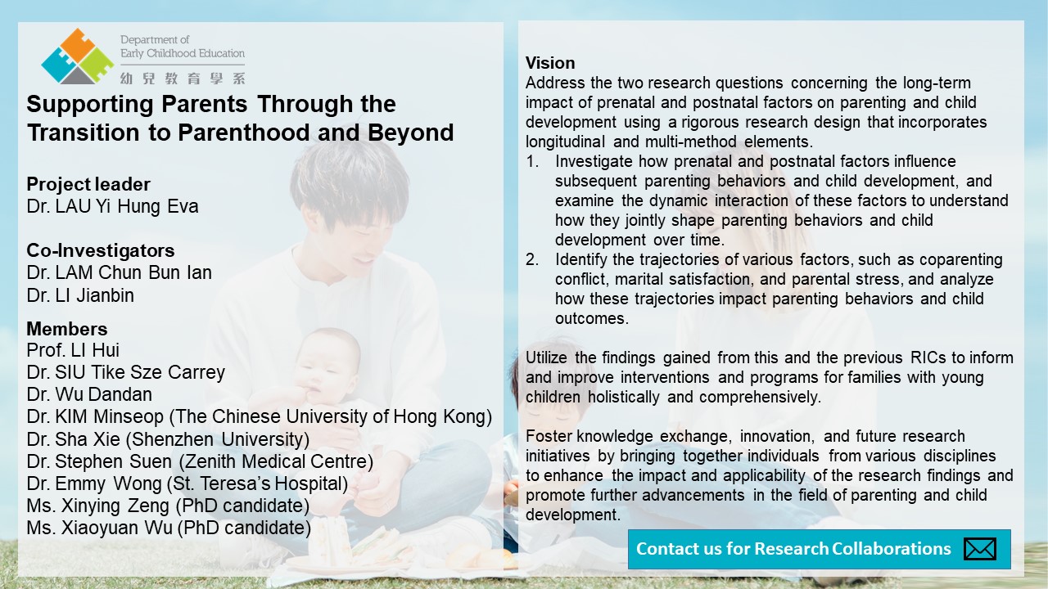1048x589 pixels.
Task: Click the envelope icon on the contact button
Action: coord(980,549)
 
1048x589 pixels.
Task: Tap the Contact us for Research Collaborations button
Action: coord(820,549)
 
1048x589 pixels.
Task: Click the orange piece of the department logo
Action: coord(77,43)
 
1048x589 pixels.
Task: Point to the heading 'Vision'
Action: coord(550,63)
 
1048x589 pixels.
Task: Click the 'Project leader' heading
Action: coord(88,185)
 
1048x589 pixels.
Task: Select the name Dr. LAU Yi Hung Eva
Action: coord(112,206)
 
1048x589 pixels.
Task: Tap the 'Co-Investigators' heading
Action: coord(101,250)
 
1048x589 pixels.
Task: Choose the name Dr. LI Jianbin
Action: coord(80,295)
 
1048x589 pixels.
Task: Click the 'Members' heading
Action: coord(67,329)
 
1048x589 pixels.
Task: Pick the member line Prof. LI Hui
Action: coord(73,350)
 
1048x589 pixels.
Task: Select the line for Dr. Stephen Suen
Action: coord(200,461)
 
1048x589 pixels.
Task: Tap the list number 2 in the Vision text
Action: coord(532,259)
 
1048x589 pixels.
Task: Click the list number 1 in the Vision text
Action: coord(532,161)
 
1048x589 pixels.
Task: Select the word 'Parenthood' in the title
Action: coord(244,133)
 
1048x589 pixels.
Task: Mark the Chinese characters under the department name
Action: coord(183,79)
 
